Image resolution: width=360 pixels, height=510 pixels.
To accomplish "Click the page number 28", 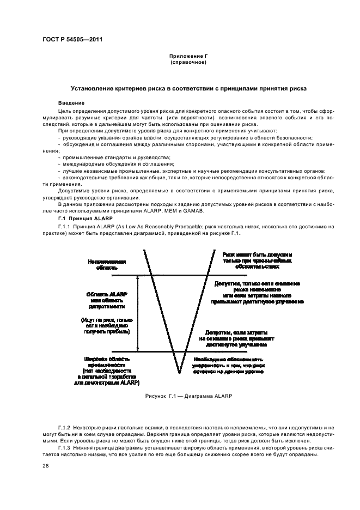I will click(x=46, y=466).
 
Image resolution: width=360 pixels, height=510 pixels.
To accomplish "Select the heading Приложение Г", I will click(x=188, y=57).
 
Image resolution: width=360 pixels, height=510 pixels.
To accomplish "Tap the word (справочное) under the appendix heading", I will click(x=188, y=63).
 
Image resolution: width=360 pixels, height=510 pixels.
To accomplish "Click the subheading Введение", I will click(x=71, y=102).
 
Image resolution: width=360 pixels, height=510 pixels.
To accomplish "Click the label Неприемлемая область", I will click(x=107, y=265).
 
